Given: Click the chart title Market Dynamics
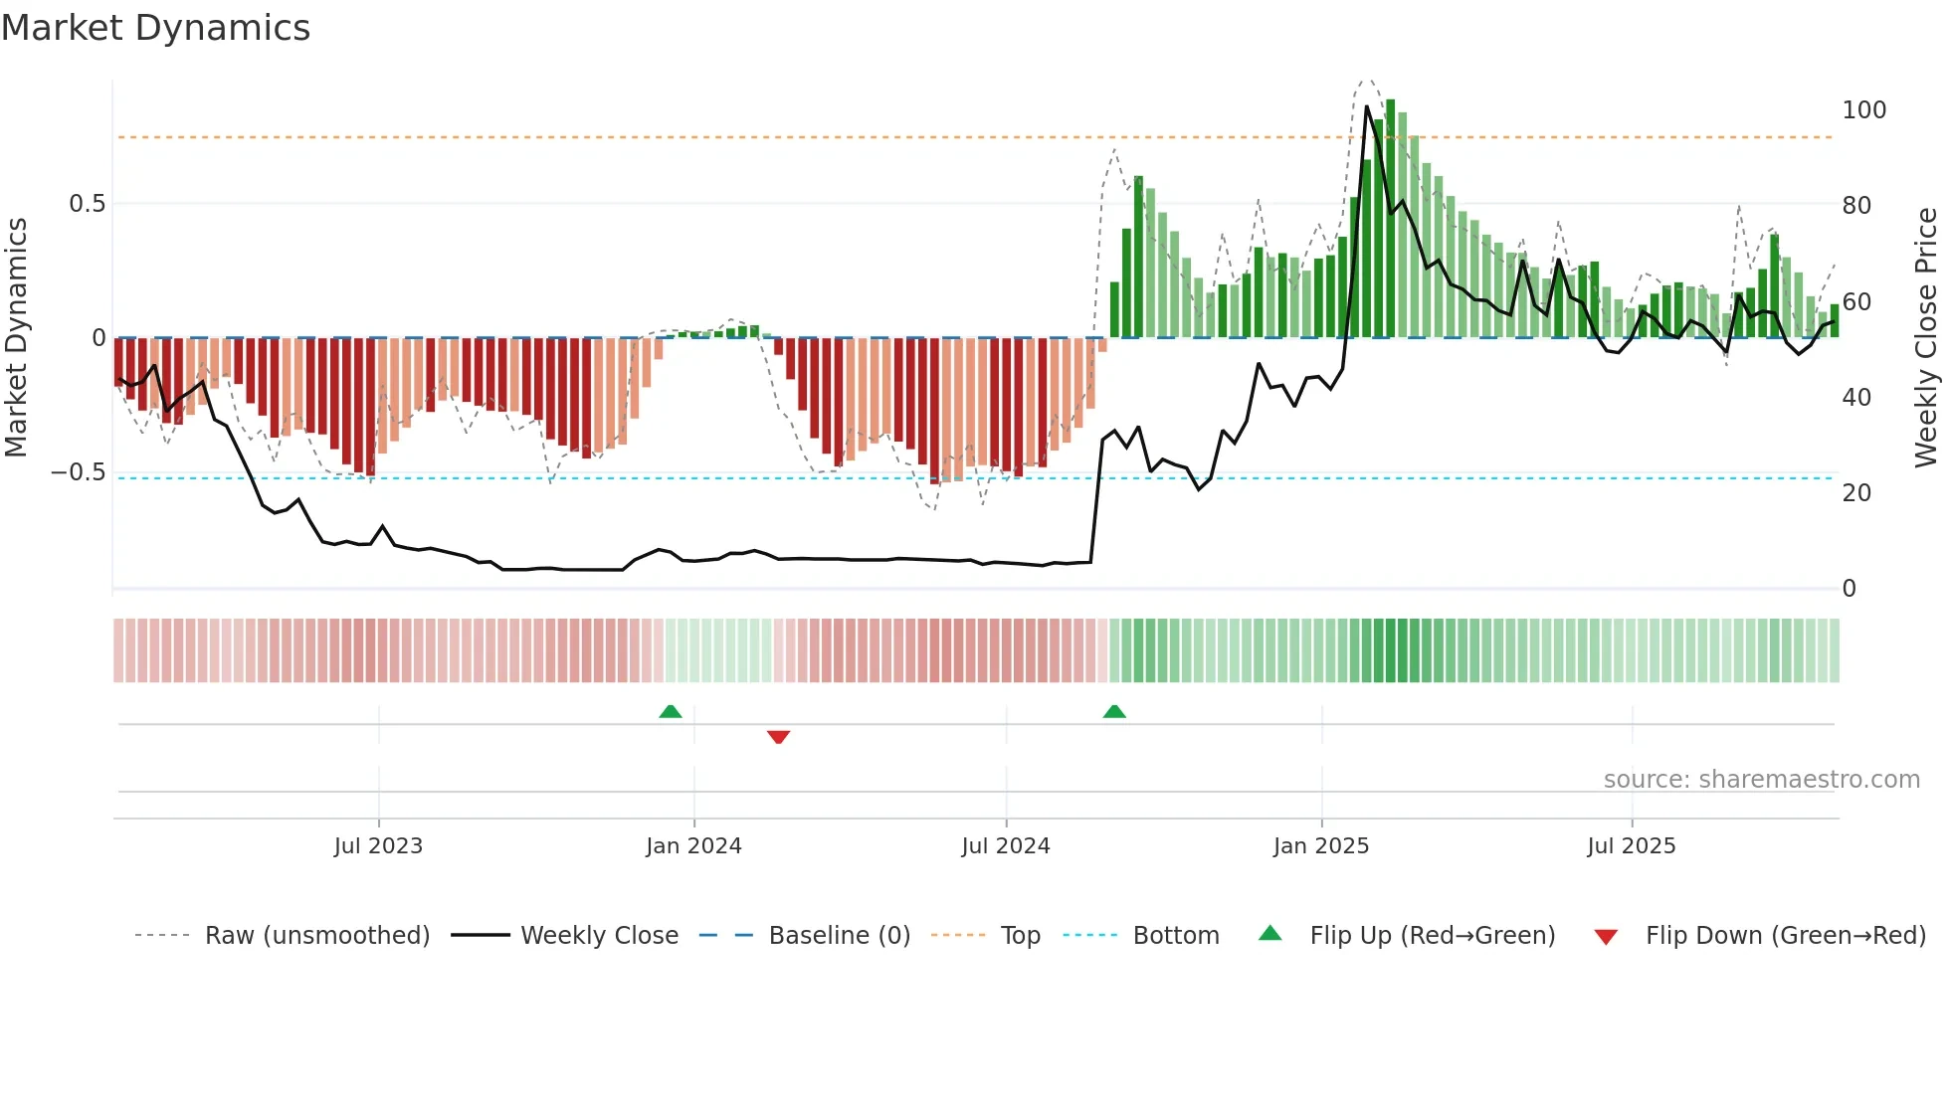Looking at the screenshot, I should tap(155, 28).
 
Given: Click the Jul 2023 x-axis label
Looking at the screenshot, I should tap(378, 846).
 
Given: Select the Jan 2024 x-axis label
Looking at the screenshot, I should tap(693, 846).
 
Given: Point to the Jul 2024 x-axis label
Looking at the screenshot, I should tap(1005, 846).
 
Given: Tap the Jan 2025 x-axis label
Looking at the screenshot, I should tap(1321, 846).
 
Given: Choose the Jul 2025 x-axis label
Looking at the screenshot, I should tap(1631, 846).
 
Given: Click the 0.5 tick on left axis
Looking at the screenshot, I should tap(87, 204).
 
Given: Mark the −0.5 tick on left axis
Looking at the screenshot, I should tap(79, 472).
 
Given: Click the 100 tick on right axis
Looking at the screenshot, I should tap(1863, 110).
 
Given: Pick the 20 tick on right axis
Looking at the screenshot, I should tap(1856, 493).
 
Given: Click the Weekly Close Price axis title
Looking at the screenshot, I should tap(1926, 338).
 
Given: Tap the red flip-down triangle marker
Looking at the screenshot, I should tap(778, 737).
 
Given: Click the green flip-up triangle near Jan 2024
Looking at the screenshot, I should tap(671, 711).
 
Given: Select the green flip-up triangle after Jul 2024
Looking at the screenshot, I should tap(1114, 711).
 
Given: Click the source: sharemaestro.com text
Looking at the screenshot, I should tap(1761, 780).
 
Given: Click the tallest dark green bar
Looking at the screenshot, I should tap(1390, 219).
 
